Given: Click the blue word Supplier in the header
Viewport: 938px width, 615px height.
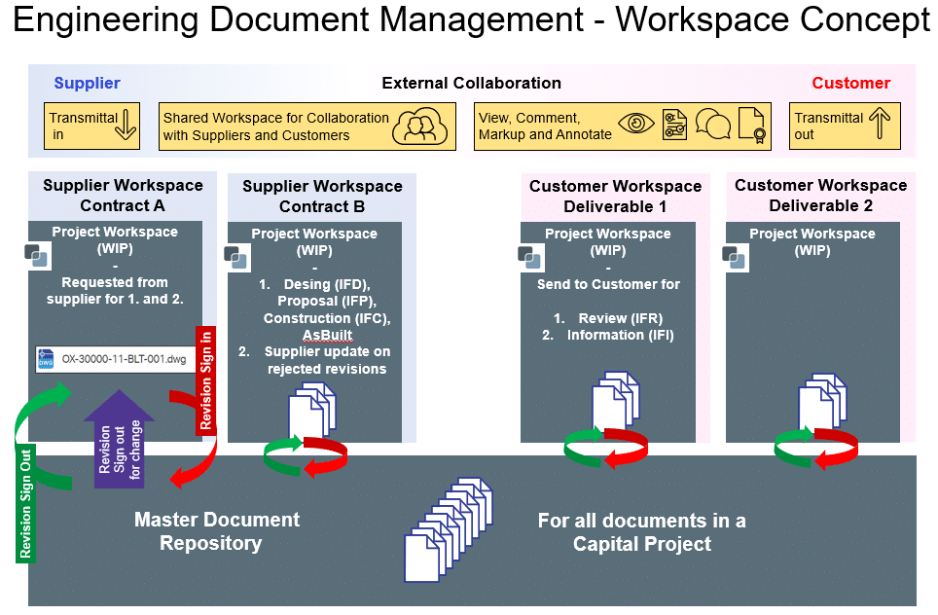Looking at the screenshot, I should point(87,84).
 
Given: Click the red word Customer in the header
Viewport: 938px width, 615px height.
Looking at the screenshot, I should point(850,84).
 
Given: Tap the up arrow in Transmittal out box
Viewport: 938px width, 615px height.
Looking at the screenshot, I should point(880,126).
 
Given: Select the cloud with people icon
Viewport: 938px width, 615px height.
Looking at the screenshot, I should point(420,127).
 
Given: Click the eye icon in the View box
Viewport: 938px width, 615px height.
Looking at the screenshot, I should point(637,126).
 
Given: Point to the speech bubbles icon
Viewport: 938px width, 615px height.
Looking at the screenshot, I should point(713,127).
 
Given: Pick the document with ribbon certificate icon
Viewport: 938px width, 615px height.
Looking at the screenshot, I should point(752,127).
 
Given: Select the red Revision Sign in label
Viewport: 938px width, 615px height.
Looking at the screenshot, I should point(205,380).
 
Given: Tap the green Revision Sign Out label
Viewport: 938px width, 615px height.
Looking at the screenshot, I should point(25,503).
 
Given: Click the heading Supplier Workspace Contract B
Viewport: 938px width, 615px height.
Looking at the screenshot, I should point(322,196).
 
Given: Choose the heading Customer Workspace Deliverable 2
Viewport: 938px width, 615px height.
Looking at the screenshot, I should point(820,196).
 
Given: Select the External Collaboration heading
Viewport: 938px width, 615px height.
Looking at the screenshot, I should point(471,84).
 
